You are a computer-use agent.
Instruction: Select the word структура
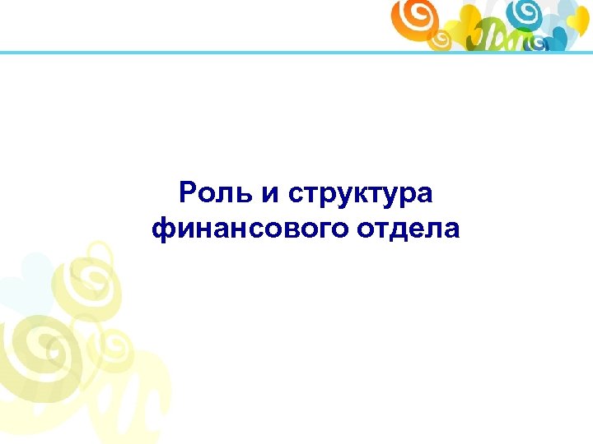(360, 197)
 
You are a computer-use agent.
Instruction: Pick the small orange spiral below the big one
(441, 38)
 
